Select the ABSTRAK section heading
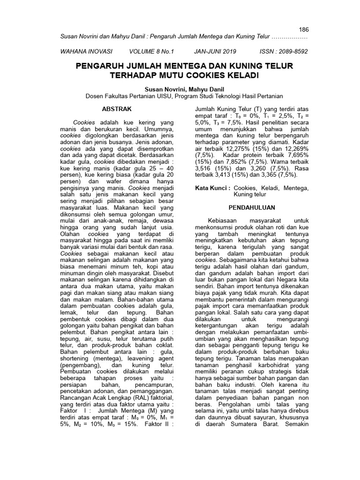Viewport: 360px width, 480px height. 114,109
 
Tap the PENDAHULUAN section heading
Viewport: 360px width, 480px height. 252,207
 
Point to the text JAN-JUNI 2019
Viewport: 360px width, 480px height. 215,52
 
